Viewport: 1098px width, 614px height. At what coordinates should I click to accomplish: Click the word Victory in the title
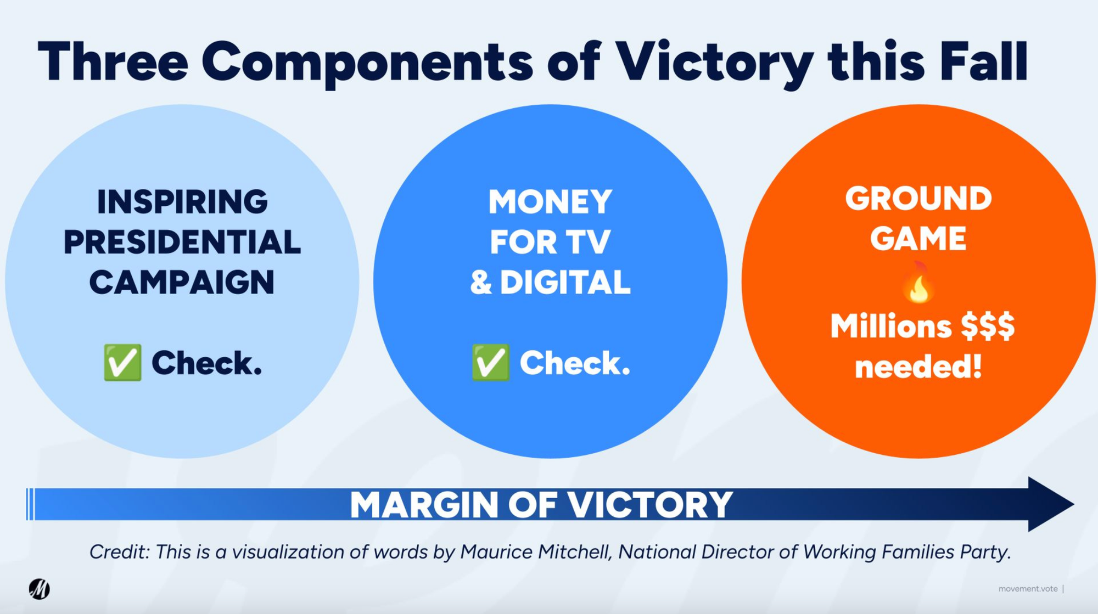(714, 63)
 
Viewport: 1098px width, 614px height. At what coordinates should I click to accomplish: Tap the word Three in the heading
(113, 61)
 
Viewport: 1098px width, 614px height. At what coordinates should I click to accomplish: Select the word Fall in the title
(983, 61)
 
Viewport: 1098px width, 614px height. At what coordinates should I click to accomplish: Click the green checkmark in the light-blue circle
(122, 362)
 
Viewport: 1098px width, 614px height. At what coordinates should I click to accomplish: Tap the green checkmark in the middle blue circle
(491, 362)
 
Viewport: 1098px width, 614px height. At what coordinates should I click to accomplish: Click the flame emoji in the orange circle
(918, 283)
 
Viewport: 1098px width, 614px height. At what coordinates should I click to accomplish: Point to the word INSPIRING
(182, 202)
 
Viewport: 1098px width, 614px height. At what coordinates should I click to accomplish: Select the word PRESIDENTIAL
(182, 242)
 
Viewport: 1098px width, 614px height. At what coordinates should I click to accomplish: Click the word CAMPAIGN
(182, 282)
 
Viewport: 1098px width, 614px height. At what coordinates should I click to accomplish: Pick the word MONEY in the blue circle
(550, 202)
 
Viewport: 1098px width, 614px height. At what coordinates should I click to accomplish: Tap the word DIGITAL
(565, 282)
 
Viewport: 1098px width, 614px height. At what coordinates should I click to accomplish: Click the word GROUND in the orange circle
(918, 198)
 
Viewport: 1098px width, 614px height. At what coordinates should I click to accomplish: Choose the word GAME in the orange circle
(918, 238)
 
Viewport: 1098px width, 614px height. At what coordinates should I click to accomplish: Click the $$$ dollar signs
(988, 326)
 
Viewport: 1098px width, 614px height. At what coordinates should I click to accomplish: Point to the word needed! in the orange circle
(918, 366)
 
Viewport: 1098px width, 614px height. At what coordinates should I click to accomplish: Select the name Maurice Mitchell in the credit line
(535, 551)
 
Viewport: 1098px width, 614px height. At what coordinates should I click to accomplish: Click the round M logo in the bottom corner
(40, 589)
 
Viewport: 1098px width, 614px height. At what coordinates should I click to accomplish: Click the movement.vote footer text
(1028, 589)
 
